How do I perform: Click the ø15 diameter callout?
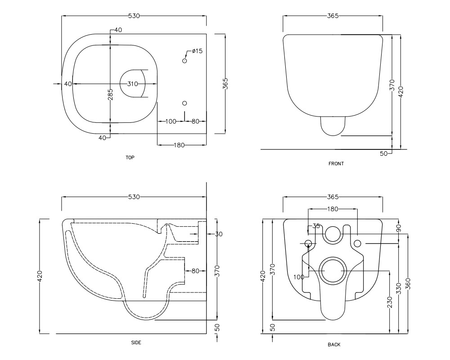pyautogui.click(x=197, y=51)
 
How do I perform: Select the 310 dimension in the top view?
pyautogui.click(x=133, y=84)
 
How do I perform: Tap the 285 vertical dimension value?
pyautogui.click(x=111, y=94)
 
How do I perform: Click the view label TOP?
pyautogui.click(x=130, y=157)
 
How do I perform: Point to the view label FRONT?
pyautogui.click(x=336, y=164)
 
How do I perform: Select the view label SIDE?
pyautogui.click(x=136, y=342)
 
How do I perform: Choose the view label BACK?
pyautogui.click(x=334, y=345)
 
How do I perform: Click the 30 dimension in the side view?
pyautogui.click(x=219, y=234)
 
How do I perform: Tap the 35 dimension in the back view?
pyautogui.click(x=316, y=226)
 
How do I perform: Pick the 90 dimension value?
pyautogui.click(x=399, y=228)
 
